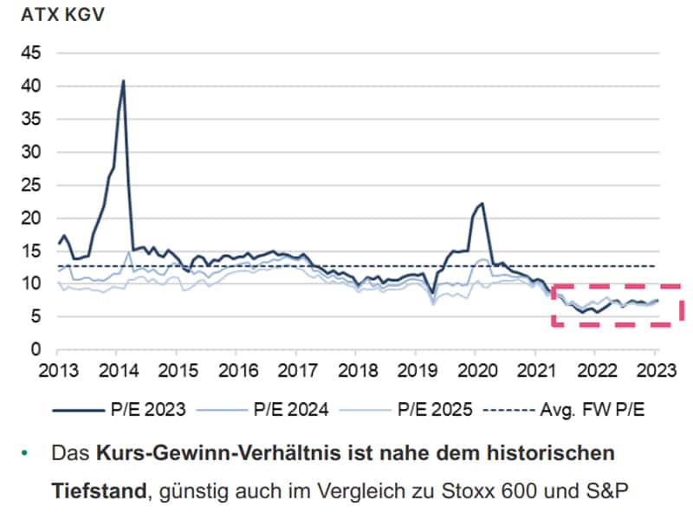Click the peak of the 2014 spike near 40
(123, 81)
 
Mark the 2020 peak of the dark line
(482, 204)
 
